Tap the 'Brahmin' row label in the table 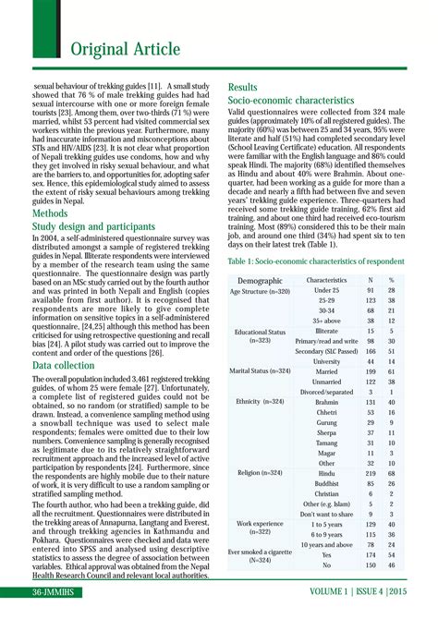[326, 403]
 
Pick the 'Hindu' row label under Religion [326, 472]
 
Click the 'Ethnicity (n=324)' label [260, 403]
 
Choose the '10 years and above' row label [326, 544]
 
